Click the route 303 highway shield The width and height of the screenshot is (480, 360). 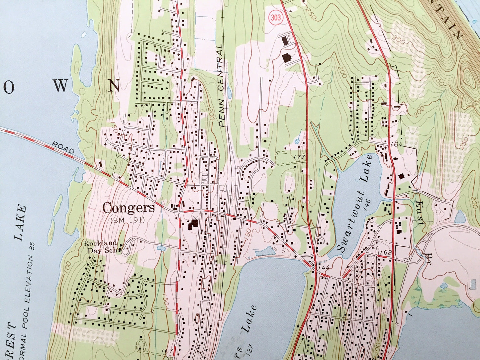pyautogui.click(x=275, y=18)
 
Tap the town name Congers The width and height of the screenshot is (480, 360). pyautogui.click(x=129, y=208)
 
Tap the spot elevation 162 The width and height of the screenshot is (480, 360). pyautogui.click(x=387, y=252)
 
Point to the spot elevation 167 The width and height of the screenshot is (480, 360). pyautogui.click(x=167, y=351)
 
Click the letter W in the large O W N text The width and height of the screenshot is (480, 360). pyautogui.click(x=61, y=86)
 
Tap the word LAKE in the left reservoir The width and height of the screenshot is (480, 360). pyautogui.click(x=20, y=223)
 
